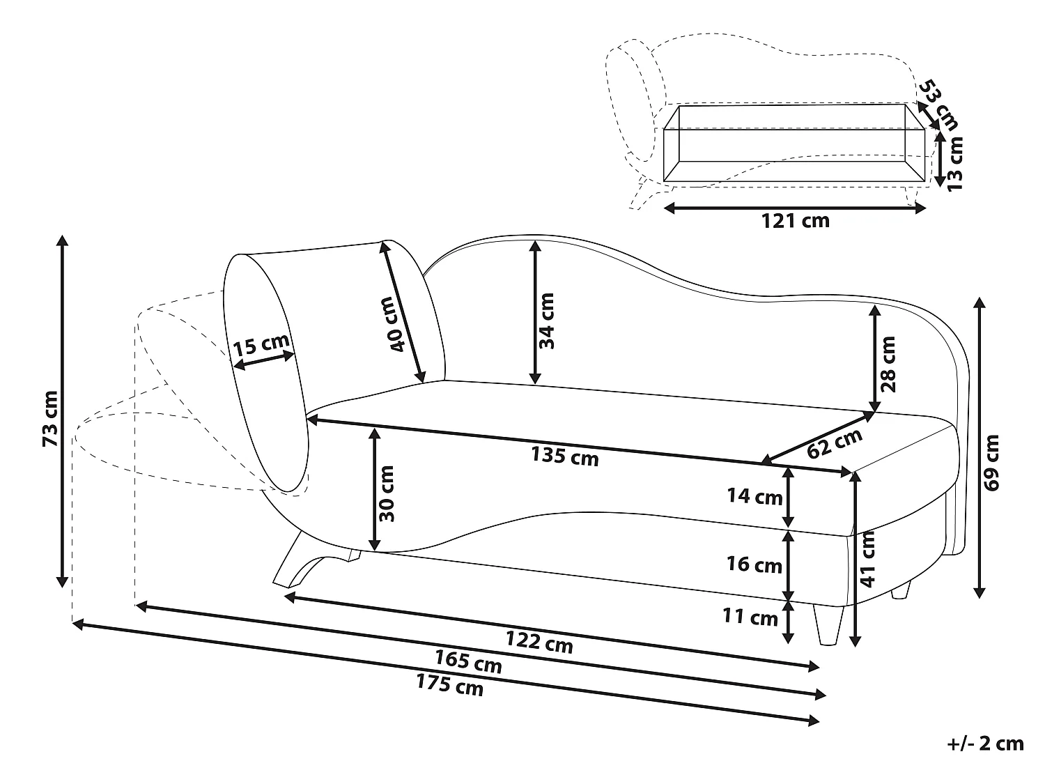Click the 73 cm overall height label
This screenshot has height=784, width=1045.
coord(50,418)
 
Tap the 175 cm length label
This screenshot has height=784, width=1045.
coord(449,685)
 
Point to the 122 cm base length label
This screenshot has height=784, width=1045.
coord(539,641)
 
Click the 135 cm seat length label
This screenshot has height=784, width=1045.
coord(564,456)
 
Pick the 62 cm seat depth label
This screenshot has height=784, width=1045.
coord(834,443)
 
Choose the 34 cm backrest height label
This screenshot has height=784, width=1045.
coord(546,320)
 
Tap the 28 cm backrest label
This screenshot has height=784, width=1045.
coord(888,364)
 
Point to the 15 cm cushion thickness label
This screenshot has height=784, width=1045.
coord(261,345)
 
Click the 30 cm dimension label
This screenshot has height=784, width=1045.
coord(387,493)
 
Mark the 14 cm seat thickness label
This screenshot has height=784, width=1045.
coord(754,496)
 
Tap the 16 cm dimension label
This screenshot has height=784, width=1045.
coord(754,564)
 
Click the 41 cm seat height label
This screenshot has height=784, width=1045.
coord(868,559)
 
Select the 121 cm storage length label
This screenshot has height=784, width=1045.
coord(794,221)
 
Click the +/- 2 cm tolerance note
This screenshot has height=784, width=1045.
coord(985,744)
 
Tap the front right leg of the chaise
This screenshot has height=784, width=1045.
coord(828,624)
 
